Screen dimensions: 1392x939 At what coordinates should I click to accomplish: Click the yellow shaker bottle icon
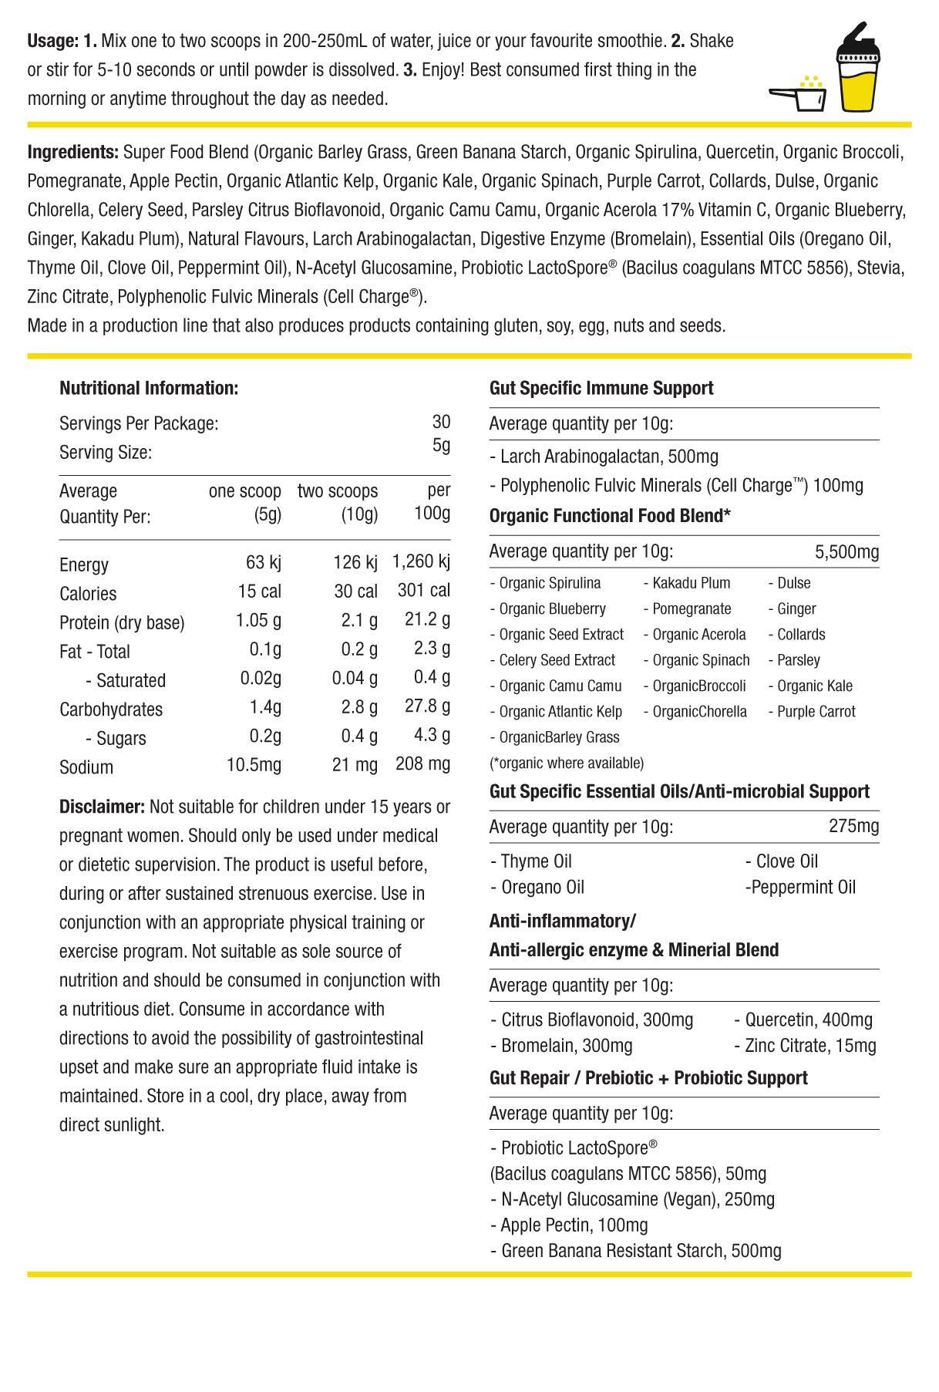point(859,69)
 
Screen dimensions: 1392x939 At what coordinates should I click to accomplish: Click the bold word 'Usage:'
point(53,41)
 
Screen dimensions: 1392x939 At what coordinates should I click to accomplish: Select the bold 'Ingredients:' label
point(73,152)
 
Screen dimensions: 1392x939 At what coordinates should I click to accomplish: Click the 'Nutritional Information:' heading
point(149,388)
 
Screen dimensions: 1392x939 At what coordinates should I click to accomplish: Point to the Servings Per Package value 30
point(441,422)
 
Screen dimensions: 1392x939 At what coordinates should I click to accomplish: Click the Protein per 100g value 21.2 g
point(427,620)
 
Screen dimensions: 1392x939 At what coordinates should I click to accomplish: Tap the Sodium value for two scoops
point(355,765)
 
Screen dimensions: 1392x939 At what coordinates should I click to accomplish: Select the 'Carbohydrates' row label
point(111,709)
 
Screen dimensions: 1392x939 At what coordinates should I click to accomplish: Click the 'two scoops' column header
point(338,491)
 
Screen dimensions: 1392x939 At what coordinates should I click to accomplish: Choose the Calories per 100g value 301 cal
point(423,592)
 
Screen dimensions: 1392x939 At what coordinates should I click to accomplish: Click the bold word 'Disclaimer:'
point(102,807)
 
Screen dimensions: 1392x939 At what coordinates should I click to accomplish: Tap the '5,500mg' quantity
point(846,552)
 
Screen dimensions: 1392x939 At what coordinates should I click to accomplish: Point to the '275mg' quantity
point(853,827)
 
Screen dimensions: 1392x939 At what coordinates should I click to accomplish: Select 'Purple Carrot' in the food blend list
point(816,712)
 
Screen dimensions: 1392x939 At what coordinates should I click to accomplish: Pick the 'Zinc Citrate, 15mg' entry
point(810,1047)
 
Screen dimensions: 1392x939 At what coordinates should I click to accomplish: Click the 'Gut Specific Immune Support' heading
point(601,388)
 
